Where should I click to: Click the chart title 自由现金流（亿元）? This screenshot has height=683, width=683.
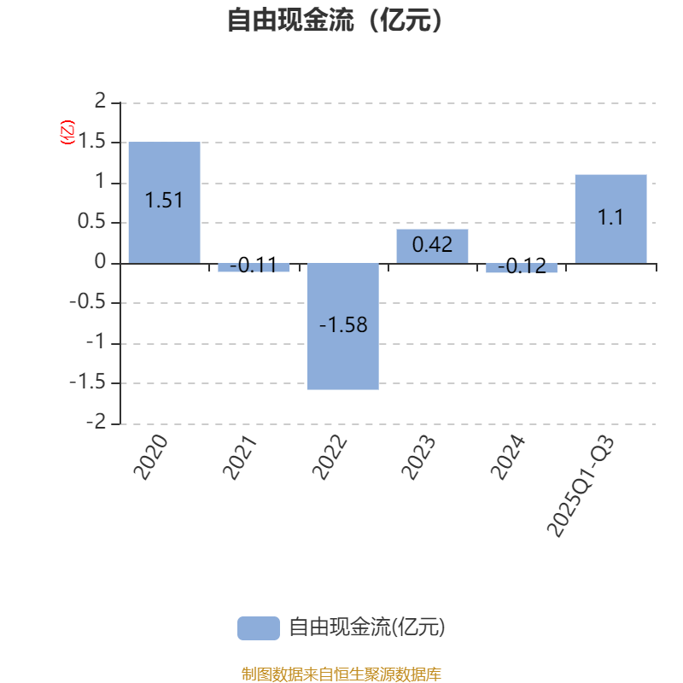pyautogui.click(x=336, y=20)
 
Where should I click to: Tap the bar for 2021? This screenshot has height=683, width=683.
pyautogui.click(x=254, y=267)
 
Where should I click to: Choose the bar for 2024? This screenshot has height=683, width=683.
pyautogui.click(x=522, y=268)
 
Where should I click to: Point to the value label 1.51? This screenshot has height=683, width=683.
pyautogui.click(x=164, y=201)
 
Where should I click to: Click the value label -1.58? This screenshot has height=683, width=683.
pyautogui.click(x=343, y=325)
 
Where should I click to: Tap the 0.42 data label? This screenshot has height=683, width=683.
pyautogui.click(x=432, y=246)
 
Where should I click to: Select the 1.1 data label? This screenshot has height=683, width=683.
pyautogui.click(x=610, y=218)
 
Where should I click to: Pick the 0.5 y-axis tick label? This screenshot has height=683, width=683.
pyautogui.click(x=94, y=222)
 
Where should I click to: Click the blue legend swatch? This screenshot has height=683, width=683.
pyautogui.click(x=258, y=628)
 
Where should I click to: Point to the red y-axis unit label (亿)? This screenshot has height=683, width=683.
pyautogui.click(x=67, y=132)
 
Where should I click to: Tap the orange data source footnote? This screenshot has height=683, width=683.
pyautogui.click(x=341, y=674)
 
